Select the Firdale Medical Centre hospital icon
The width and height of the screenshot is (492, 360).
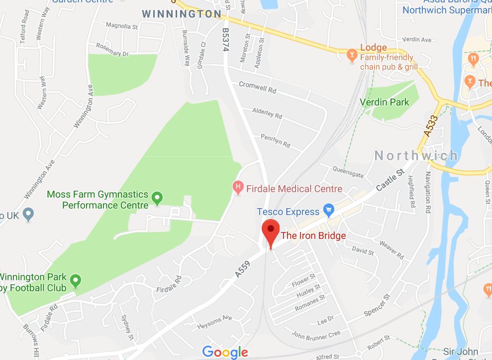pos(238,188)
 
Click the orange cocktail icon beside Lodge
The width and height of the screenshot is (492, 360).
pos(352,53)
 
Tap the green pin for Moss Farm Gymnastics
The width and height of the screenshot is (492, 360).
pos(157,198)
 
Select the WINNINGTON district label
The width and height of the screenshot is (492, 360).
pos(182,14)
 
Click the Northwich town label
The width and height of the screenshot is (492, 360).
pos(416,155)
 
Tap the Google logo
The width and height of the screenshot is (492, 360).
pos(225,352)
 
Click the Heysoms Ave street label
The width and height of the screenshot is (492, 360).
pos(214,321)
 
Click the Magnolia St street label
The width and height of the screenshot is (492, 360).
pos(122,26)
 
